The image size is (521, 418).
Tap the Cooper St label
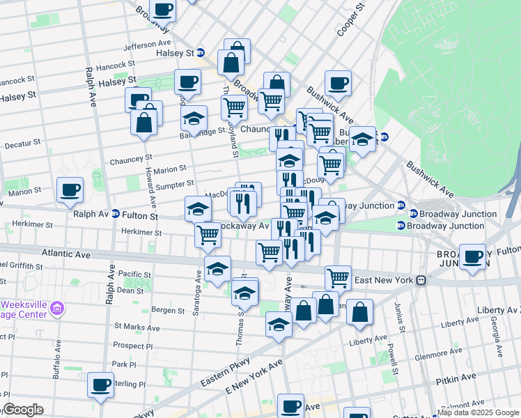(350, 19)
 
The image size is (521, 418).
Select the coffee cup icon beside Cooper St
(338, 84)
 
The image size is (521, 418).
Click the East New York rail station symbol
(421, 280)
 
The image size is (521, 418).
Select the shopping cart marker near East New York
(338, 277)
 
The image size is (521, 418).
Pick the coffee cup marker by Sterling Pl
(100, 385)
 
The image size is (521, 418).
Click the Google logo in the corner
(22, 410)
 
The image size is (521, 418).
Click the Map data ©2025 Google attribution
(478, 412)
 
